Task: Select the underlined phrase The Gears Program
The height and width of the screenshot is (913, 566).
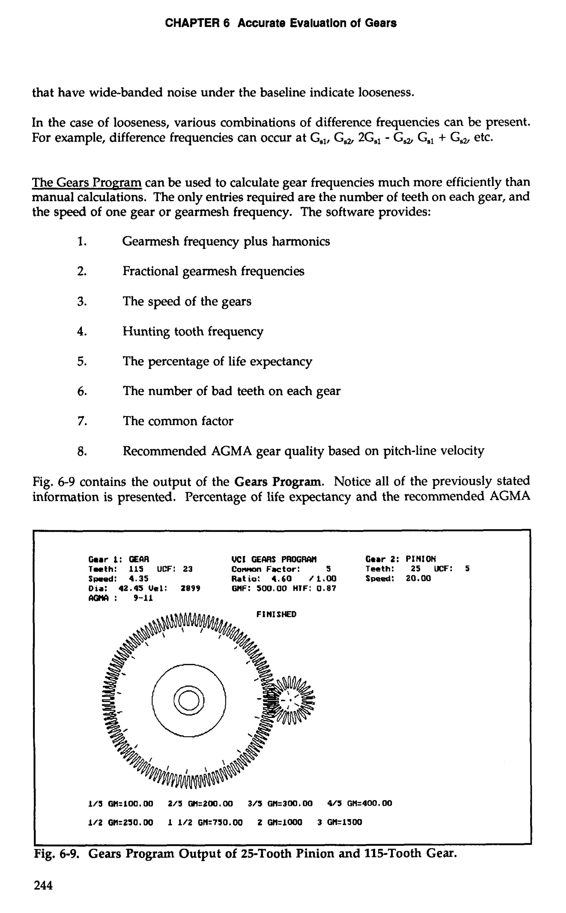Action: click(x=87, y=183)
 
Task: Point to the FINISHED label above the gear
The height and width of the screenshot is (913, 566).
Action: click(x=276, y=614)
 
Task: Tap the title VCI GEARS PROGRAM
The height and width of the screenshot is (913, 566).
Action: click(x=274, y=559)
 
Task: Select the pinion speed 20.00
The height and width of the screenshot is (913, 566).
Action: click(x=418, y=578)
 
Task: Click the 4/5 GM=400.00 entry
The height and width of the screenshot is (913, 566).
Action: click(x=360, y=803)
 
